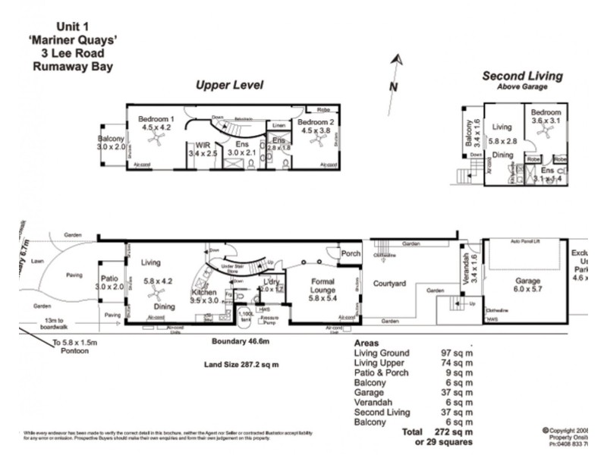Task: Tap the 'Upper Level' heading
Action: pyautogui.click(x=229, y=85)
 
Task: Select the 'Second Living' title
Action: pyautogui.click(x=523, y=76)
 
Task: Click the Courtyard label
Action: pyautogui.click(x=391, y=284)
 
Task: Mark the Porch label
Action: pyautogui.click(x=351, y=254)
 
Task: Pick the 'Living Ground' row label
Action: pyautogui.click(x=382, y=353)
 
